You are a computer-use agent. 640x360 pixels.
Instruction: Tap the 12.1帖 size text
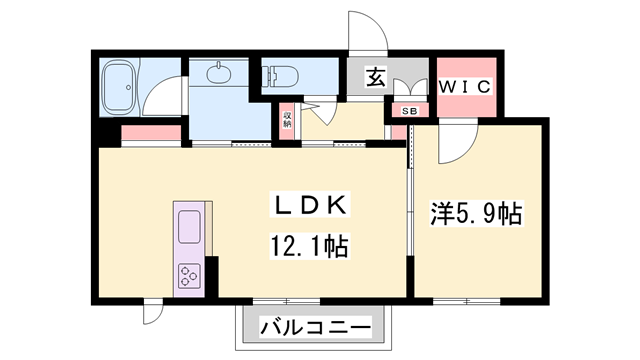tap(308, 246)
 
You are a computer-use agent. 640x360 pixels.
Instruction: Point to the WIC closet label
tap(465, 87)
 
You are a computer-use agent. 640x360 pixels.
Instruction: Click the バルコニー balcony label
tap(315, 326)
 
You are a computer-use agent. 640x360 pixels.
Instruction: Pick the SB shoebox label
tap(408, 110)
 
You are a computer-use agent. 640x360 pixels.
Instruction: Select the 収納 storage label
tap(287, 119)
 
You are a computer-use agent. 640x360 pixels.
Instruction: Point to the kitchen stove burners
tap(190, 276)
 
